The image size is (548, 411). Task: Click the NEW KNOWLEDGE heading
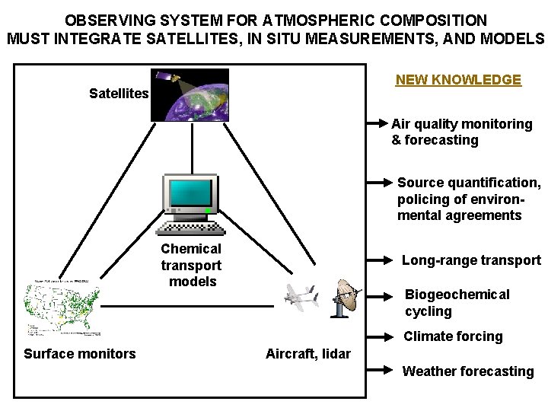click(458, 80)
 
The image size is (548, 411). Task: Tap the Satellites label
click(119, 94)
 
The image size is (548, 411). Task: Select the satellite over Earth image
click(190, 94)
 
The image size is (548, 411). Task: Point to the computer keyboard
click(190, 227)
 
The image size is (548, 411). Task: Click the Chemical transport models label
click(191, 265)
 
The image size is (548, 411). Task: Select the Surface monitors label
click(80, 353)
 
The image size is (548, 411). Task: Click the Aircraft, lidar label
click(308, 353)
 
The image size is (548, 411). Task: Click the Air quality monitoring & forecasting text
click(461, 132)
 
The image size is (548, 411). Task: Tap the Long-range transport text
click(471, 260)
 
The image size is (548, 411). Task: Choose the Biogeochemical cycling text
click(457, 303)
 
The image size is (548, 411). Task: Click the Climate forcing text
click(453, 336)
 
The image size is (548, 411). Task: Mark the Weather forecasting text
click(467, 371)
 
